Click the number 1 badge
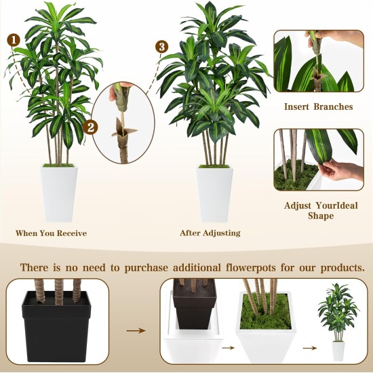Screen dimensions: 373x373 point(12,40)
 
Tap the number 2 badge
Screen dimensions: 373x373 point(92,127)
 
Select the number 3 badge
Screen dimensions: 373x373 point(161,47)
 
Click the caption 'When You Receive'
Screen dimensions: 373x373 point(51,233)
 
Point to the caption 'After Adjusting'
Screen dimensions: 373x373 point(210,233)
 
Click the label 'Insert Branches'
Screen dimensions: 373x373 point(318,106)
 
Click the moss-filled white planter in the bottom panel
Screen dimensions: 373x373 point(266,326)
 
